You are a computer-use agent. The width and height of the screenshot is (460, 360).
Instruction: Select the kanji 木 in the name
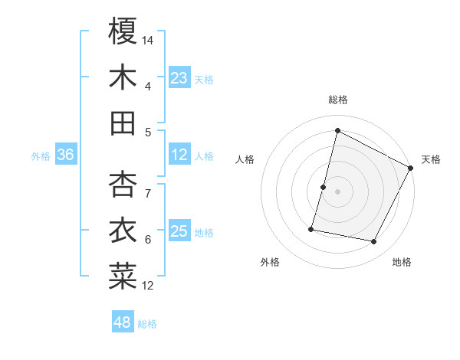[x=123, y=77]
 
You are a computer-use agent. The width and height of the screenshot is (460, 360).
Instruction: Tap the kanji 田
[x=123, y=123]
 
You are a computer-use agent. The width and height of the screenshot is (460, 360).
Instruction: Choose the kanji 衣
[x=123, y=231]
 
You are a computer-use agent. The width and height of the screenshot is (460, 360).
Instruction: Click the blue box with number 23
[x=179, y=78]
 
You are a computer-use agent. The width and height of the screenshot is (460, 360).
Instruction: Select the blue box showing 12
[x=179, y=155]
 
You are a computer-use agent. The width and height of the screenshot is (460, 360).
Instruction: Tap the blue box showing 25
[x=179, y=231]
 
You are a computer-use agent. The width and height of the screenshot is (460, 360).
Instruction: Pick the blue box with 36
[x=65, y=155]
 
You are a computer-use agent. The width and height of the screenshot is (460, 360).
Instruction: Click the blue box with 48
[x=123, y=322]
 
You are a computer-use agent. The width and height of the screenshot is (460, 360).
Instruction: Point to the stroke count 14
[x=148, y=39]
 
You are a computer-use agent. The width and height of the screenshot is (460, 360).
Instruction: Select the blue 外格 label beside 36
[x=41, y=156]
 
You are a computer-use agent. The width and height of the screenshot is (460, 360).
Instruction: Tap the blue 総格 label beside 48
[x=147, y=324]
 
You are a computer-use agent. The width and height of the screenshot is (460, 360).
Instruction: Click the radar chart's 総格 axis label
[x=337, y=100]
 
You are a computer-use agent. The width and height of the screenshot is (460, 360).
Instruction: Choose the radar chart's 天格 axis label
[x=431, y=159]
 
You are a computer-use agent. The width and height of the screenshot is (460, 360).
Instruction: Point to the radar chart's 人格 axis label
[x=245, y=159]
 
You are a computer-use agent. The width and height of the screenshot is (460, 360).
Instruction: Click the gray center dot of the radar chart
[x=337, y=191]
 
